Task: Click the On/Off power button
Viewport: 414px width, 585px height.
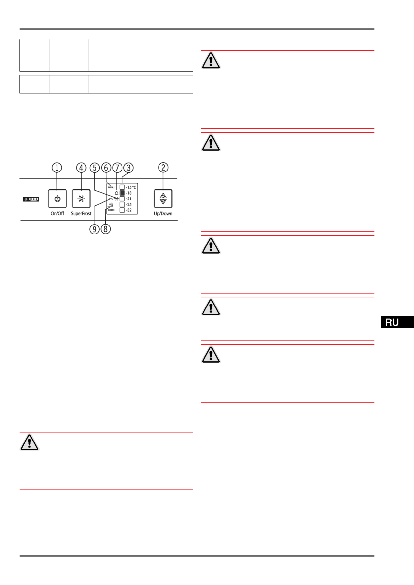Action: (x=57, y=199)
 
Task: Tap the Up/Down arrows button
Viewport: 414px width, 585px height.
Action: (x=163, y=199)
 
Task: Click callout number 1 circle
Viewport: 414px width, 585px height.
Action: (x=57, y=168)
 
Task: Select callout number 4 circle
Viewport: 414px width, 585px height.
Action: (x=81, y=168)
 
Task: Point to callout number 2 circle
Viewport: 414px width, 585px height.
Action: (x=163, y=167)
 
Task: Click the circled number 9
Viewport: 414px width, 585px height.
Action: (x=95, y=229)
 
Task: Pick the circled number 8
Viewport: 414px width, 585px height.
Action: (x=106, y=229)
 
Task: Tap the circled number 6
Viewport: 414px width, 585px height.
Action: (x=106, y=168)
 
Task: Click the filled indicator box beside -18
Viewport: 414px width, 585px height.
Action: (x=122, y=193)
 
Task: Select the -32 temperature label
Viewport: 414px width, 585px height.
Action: (x=129, y=210)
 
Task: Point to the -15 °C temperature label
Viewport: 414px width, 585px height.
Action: (x=131, y=187)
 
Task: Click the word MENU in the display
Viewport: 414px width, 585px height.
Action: (x=111, y=187)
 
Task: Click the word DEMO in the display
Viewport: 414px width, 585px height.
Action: (x=111, y=210)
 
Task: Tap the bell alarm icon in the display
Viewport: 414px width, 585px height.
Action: (x=116, y=193)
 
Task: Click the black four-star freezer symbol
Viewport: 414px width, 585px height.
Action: (x=31, y=199)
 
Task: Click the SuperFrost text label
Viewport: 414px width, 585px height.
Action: (x=81, y=214)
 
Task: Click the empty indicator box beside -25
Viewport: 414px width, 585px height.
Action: (x=122, y=204)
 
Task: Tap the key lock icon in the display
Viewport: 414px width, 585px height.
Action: (x=111, y=199)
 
